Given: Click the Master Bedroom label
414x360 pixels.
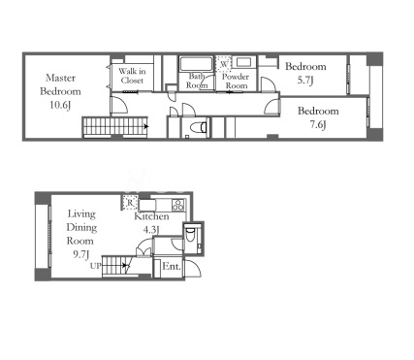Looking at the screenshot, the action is click(60, 84).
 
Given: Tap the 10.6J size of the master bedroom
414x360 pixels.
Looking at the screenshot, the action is click(60, 105).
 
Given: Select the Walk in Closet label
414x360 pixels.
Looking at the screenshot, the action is click(132, 76).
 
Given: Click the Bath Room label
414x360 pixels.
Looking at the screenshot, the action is click(197, 81).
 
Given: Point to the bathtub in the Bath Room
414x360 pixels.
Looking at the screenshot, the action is click(197, 64).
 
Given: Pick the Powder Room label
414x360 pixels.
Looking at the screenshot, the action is click(236, 82).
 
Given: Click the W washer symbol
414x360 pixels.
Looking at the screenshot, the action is click(224, 63).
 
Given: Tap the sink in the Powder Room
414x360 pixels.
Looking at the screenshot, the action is click(244, 62).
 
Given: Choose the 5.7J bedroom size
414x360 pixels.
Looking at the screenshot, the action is click(305, 81).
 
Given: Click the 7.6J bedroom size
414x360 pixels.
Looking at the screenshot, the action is click(318, 124).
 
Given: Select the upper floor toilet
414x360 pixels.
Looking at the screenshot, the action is click(198, 126).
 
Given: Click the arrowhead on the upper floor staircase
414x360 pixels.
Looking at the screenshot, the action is click(146, 126).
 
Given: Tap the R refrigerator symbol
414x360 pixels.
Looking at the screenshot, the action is click(130, 203).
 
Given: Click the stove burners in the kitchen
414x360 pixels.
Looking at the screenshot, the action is click(178, 204).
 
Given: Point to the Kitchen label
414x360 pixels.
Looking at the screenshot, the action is click(151, 216).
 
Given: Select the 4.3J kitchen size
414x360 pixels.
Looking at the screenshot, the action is click(151, 230).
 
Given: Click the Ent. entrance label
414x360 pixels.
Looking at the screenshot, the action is click(172, 266).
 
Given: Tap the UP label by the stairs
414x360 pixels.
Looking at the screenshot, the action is click(96, 266).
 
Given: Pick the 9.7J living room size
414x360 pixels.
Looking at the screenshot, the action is click(80, 255).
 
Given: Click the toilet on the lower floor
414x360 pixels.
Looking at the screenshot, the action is click(190, 234).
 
